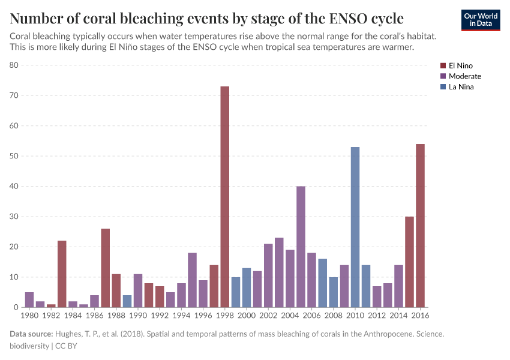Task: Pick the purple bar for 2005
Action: [301, 247]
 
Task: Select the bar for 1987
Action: [105, 268]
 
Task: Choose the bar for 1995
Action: [192, 280]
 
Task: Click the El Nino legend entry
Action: [460, 65]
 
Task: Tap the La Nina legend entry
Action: [460, 87]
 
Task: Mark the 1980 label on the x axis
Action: [29, 315]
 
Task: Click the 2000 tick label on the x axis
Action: [247, 315]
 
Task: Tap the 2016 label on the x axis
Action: [420, 315]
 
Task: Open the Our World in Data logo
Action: [480, 20]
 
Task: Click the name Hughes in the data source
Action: [70, 334]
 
